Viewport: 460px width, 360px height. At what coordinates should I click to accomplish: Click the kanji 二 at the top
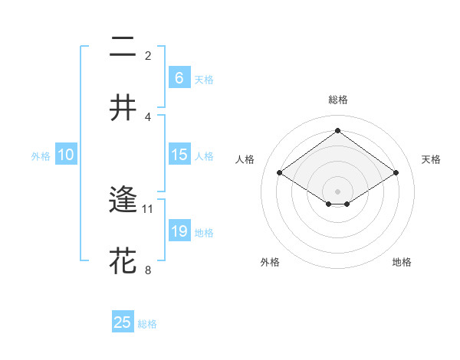coord(123,48)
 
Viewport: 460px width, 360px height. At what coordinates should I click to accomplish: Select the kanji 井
coord(123,107)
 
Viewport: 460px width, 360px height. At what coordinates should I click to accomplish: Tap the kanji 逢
coord(123,201)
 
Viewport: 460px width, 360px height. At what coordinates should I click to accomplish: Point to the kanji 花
coord(123,260)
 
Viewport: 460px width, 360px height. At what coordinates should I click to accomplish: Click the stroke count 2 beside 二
coord(148,55)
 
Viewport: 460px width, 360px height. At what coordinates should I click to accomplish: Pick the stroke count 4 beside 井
coord(148,116)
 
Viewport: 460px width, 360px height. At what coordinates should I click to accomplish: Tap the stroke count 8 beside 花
coord(148,269)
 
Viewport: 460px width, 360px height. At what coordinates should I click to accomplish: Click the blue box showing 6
coord(179,77)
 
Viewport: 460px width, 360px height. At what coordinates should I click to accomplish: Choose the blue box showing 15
coord(179,155)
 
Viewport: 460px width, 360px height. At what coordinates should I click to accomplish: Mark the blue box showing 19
coord(179,231)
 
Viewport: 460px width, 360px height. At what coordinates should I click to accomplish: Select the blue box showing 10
coord(66,155)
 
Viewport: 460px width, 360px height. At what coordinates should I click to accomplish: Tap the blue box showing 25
coord(123,322)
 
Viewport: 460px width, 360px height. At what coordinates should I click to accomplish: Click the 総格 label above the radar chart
coord(337,100)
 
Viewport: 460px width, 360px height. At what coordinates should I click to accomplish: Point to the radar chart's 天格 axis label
coord(431,159)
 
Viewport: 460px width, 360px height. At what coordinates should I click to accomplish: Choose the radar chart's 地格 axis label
coord(402,262)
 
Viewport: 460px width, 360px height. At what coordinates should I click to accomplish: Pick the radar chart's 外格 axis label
coord(270,262)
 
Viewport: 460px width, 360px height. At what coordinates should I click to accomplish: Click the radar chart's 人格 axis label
coord(245,159)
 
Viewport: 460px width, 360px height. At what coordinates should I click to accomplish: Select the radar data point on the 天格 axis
coord(396,173)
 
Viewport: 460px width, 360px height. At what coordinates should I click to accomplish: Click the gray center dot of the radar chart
coord(337,191)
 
